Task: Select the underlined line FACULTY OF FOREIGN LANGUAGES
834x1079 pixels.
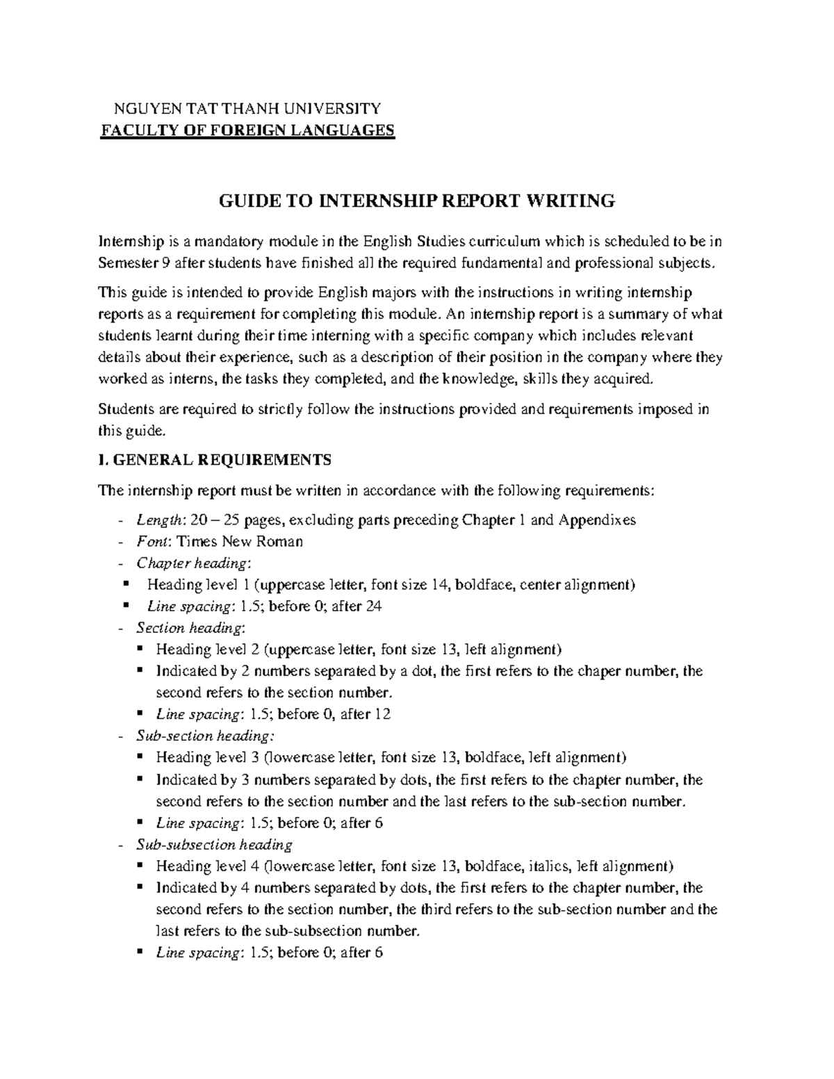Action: (248, 131)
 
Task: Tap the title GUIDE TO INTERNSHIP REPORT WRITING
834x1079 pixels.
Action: (417, 201)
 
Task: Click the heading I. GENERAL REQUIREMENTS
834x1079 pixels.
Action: (215, 460)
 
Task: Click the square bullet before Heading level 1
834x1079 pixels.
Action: (126, 584)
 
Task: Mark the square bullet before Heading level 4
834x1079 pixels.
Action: (141, 865)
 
